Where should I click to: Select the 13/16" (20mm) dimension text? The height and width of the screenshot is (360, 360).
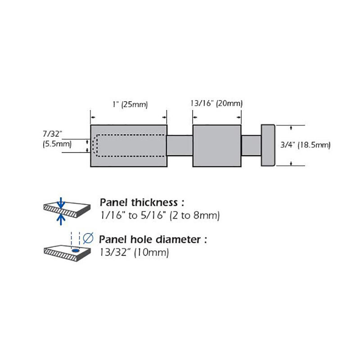pyautogui.click(x=216, y=103)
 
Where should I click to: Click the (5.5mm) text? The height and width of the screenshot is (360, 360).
pyautogui.click(x=57, y=144)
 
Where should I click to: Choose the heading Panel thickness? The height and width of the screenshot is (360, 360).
pyautogui.click(x=142, y=202)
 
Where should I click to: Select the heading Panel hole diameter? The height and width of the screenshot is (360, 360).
pyautogui.click(x=153, y=239)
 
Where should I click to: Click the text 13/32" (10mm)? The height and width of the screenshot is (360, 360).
pyautogui.click(x=134, y=252)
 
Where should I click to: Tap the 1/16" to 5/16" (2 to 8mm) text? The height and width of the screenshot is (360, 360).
pyautogui.click(x=159, y=216)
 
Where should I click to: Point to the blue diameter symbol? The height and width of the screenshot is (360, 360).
pyautogui.click(x=88, y=238)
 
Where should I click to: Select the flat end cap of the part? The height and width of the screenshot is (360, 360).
pyautogui.click(x=268, y=145)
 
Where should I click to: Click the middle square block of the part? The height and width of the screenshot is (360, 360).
pyautogui.click(x=217, y=145)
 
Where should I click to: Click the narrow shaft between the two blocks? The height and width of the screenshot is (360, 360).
pyautogui.click(x=180, y=145)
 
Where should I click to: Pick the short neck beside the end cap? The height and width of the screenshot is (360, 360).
pyautogui.click(x=251, y=145)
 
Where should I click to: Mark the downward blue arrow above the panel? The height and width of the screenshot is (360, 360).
pyautogui.click(x=61, y=202)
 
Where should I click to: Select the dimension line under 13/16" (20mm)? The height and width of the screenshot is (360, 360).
pyautogui.click(x=217, y=117)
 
